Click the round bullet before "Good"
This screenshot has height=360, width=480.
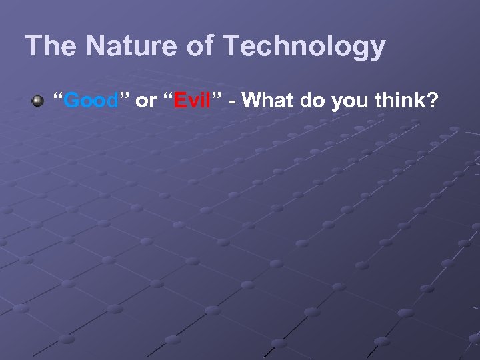pos(37,101)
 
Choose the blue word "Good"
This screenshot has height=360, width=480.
pos(92,101)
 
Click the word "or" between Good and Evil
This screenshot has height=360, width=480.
pos(145,102)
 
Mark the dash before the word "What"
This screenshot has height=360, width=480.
pos(233,102)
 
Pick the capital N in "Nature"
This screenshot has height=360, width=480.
pos(95,47)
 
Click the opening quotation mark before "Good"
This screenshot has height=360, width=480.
pos(58,97)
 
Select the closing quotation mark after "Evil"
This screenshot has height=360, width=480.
pos(217,97)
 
